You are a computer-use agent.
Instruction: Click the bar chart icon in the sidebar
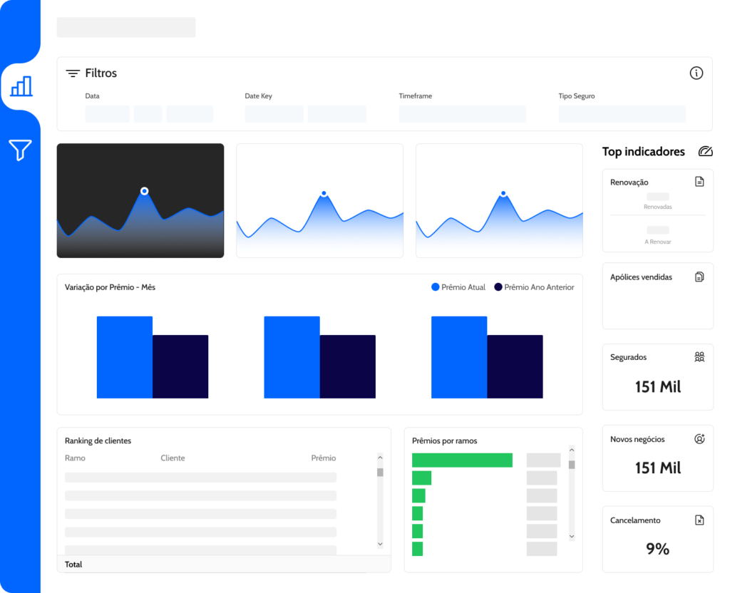point(21,86)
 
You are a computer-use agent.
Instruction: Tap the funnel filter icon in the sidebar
point(20,150)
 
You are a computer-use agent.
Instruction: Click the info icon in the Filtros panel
point(696,73)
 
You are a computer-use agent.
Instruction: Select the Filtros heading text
point(101,73)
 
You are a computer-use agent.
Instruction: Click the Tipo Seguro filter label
point(576,96)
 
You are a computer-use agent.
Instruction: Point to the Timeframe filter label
point(416,96)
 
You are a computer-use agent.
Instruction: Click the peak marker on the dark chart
point(144,191)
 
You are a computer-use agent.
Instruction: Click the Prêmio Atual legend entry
point(458,287)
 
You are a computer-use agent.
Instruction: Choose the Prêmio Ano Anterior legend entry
point(534,287)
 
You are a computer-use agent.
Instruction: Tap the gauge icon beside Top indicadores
point(705,151)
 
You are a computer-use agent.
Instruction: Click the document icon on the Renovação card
point(699,182)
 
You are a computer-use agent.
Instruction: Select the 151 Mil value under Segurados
point(658,387)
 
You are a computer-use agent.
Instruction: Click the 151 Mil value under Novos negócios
point(658,468)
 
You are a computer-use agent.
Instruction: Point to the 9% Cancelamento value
point(657,549)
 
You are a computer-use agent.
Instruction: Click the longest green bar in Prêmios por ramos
point(462,460)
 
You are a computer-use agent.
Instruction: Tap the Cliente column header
point(173,458)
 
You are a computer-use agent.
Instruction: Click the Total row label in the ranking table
point(73,564)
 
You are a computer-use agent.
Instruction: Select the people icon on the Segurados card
point(699,357)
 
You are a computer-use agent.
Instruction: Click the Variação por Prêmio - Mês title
point(110,287)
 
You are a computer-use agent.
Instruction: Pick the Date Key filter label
point(258,96)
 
